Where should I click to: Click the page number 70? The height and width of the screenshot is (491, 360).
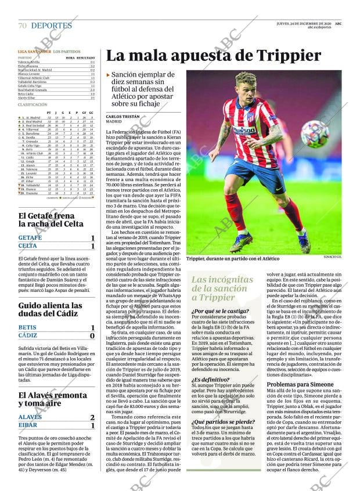point(22,26)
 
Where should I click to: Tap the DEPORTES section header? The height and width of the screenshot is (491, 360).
point(52,26)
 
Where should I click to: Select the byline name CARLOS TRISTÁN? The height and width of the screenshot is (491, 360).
point(122,116)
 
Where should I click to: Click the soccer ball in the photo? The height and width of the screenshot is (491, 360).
point(314,134)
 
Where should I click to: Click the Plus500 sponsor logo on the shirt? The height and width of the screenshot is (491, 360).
point(244,130)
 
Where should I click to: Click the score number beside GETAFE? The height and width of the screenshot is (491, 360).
point(92,238)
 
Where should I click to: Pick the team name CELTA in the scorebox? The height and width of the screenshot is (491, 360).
point(27,246)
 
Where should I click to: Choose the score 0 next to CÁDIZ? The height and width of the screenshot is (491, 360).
point(92,335)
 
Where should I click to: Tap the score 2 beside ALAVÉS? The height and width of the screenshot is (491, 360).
point(92,417)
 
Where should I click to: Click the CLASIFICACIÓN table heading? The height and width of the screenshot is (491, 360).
point(33,104)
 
